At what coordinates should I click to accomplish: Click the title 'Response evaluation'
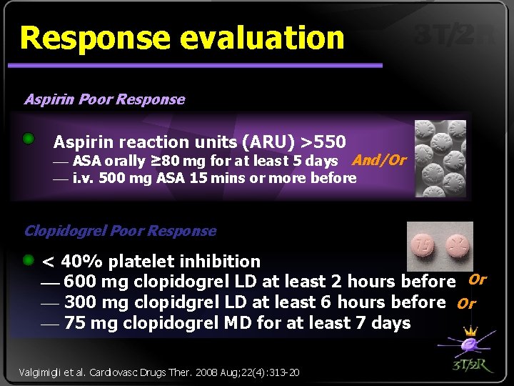(182, 38)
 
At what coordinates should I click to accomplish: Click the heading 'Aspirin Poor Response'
(104, 99)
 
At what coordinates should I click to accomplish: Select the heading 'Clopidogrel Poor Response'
(120, 231)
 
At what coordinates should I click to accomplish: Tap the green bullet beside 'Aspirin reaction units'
(29, 138)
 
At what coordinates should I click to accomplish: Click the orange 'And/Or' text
(379, 160)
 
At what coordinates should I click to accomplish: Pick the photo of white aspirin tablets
(440, 158)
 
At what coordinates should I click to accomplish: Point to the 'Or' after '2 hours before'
(477, 279)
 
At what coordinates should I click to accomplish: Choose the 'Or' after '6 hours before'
(466, 303)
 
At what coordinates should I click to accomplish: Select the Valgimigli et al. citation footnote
(158, 372)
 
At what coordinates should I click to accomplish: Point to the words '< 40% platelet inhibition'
(151, 262)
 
